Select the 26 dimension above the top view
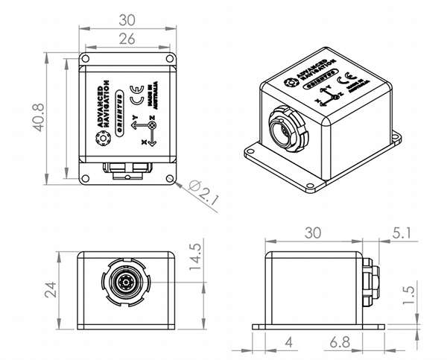click(x=127, y=40)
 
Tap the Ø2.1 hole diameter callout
click(x=201, y=192)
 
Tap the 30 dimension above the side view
click(x=313, y=233)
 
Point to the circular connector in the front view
click(x=124, y=283)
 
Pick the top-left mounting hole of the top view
click(x=86, y=57)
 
